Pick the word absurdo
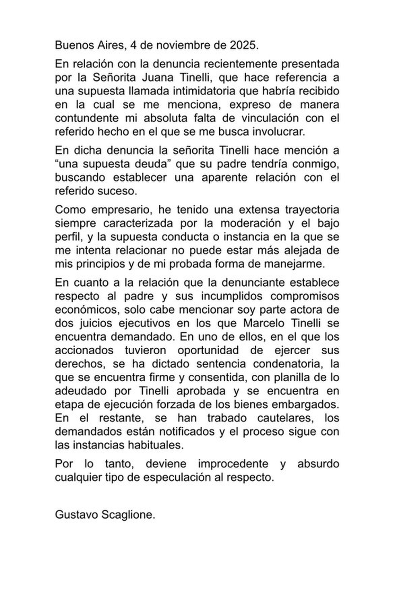coord(318,464)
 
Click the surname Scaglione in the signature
coord(128,514)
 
